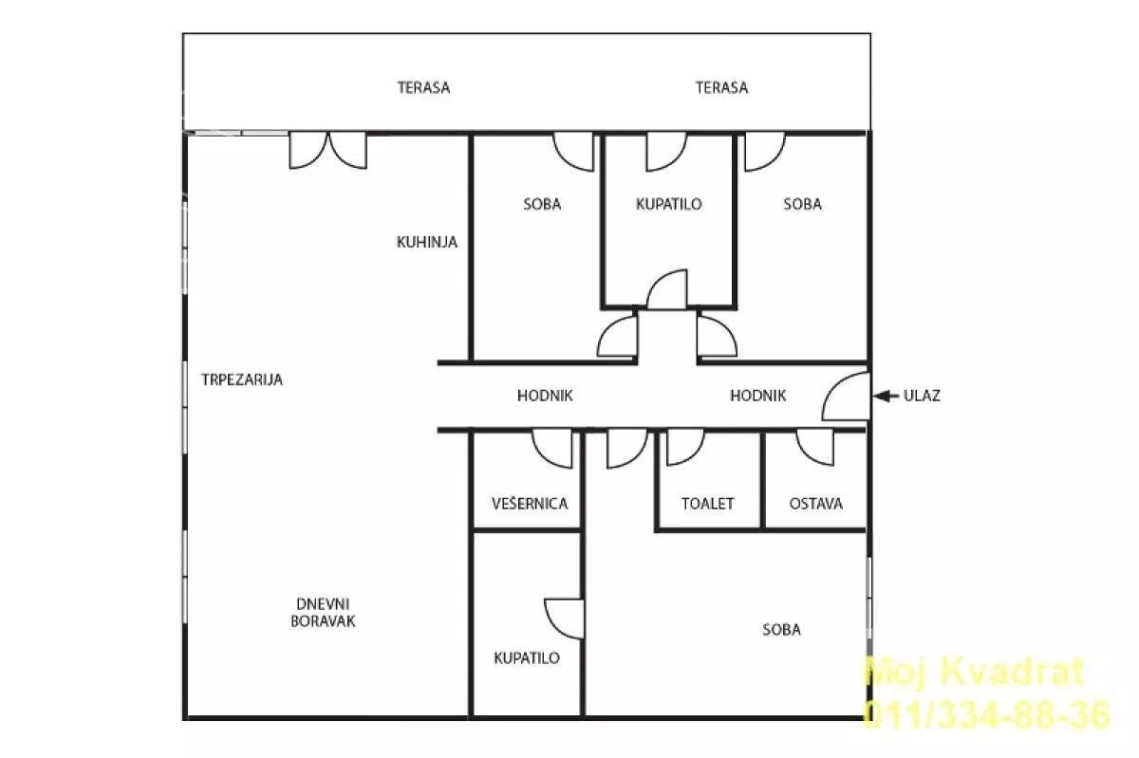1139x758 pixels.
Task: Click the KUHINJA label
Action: click(426, 242)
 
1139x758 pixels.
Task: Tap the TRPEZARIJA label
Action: click(242, 379)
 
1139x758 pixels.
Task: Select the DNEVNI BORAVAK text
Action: click(323, 613)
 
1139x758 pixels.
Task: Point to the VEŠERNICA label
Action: click(530, 504)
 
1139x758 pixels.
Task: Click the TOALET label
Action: click(708, 504)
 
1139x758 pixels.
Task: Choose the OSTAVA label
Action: click(816, 504)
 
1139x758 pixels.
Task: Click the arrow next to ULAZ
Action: click(886, 396)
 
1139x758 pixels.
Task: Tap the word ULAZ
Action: click(922, 396)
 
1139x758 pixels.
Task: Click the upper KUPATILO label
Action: click(668, 204)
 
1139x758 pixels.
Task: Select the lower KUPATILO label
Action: click(527, 658)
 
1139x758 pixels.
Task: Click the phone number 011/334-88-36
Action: click(986, 715)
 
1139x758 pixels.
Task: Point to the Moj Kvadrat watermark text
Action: click(975, 672)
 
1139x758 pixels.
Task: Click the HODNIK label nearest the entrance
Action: click(758, 396)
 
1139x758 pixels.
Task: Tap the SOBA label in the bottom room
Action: click(781, 630)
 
